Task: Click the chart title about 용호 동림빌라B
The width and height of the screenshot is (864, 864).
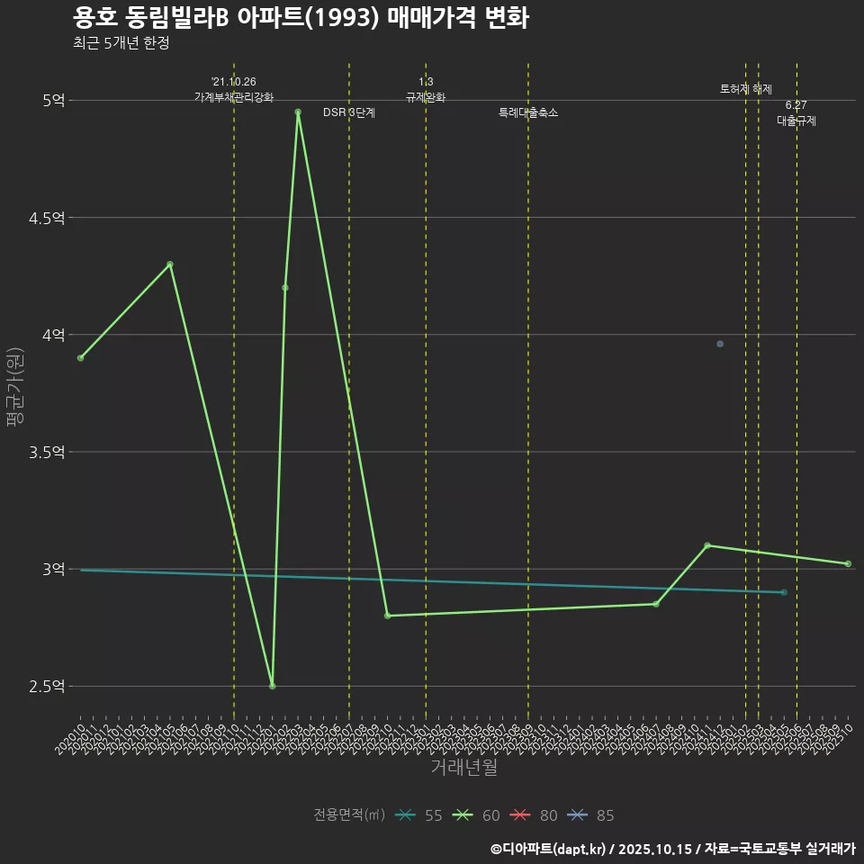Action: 301,18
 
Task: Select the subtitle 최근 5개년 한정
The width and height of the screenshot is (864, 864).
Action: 121,42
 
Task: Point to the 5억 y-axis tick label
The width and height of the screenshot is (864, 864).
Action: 52,101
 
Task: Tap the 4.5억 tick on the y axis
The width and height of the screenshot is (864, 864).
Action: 46,218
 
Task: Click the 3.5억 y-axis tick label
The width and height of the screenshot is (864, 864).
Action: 46,452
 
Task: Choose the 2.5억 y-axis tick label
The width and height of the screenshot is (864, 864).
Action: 46,687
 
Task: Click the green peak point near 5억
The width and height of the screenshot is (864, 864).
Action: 298,112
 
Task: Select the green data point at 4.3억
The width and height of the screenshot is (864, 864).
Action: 170,265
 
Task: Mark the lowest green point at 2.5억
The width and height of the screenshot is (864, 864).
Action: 272,687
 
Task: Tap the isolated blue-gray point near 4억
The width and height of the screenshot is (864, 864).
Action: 720,344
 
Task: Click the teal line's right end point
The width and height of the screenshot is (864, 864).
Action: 784,592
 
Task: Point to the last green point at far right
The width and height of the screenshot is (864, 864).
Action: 848,564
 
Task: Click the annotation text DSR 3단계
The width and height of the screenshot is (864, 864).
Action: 349,113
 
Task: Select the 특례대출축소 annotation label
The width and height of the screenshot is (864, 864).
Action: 528,113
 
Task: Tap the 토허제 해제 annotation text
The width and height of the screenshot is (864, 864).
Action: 746,89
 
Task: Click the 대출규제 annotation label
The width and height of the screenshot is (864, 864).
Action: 796,121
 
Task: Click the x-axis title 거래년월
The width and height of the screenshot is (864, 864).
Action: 463,768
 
